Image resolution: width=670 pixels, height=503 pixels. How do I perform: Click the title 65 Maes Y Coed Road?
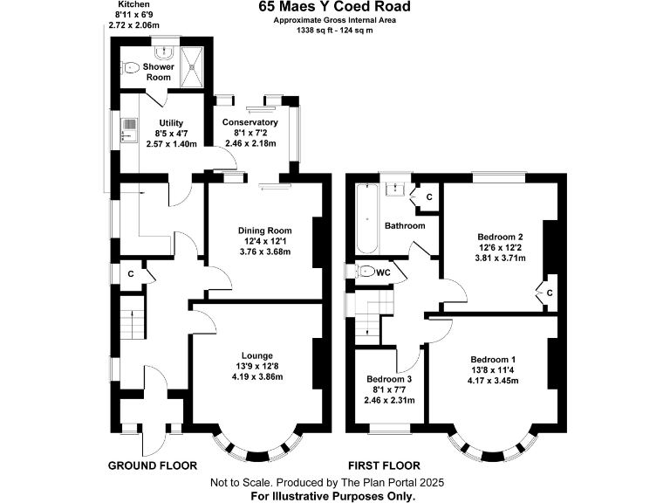pyautogui.click(x=334, y=7)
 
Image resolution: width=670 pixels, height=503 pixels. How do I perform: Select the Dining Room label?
pyautogui.click(x=264, y=231)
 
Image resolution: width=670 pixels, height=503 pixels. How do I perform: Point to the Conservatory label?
pyautogui.click(x=250, y=122)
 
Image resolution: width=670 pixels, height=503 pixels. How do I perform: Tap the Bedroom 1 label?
pyautogui.click(x=493, y=359)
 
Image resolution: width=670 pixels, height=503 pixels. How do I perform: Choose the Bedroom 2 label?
pyautogui.click(x=500, y=237)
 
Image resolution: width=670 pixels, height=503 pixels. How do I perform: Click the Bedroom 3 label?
pyautogui.click(x=388, y=380)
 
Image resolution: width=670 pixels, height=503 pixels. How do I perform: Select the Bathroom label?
pyautogui.click(x=407, y=225)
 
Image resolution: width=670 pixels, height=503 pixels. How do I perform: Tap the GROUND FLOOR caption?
pyautogui.click(x=152, y=465)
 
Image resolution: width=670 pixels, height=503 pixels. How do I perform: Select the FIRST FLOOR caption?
pyautogui.click(x=384, y=465)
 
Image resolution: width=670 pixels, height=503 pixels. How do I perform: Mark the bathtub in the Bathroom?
pyautogui.click(x=366, y=218)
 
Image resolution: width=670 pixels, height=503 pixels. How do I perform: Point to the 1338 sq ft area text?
pyautogui.click(x=335, y=31)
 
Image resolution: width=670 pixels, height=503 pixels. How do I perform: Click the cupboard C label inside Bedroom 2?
pyautogui.click(x=550, y=293)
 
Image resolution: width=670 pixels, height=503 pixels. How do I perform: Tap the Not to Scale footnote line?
pyautogui.click(x=334, y=483)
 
